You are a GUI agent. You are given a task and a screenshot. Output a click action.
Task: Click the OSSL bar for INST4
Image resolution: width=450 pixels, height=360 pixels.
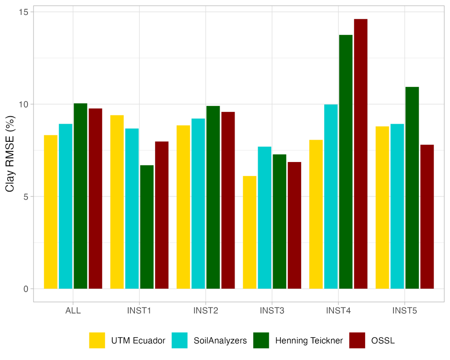coord(361,154)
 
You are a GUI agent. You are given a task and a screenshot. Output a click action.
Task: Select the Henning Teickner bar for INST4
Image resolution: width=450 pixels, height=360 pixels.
coord(346,162)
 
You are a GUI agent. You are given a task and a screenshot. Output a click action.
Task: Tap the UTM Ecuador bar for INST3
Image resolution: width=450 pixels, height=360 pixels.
coord(250,232)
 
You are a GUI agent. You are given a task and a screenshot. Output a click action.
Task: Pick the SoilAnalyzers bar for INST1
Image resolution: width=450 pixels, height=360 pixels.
coord(132,209)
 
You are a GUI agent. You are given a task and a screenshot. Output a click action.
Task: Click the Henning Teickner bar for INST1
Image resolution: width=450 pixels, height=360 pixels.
coord(147,227)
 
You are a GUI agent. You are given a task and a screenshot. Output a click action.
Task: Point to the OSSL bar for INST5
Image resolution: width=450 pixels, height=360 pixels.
coord(427,217)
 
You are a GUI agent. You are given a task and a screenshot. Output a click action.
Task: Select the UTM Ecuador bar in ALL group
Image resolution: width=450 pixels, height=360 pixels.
coord(51,212)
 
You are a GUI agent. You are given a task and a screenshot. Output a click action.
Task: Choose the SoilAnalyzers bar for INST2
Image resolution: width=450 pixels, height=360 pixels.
coord(198,204)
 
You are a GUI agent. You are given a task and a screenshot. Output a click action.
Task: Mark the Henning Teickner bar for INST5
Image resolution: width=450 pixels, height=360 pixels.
coord(412,188)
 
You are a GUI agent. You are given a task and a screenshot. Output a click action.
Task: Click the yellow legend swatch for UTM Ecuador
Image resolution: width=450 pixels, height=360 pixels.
coord(97,340)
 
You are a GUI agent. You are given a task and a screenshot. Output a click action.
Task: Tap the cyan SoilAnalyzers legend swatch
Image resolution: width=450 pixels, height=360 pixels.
coord(179,340)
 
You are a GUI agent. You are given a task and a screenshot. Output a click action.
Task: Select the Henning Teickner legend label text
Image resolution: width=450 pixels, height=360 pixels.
coord(309,341)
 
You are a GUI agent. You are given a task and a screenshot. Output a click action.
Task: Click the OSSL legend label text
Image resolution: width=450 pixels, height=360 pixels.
coord(383,341)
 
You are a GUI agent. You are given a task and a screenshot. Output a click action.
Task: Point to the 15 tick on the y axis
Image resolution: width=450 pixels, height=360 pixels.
coord(23,12)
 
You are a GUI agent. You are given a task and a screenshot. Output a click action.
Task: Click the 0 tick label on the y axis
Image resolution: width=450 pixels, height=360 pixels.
coord(26,289)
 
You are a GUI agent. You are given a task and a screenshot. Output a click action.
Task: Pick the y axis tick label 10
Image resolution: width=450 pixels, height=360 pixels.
coord(23,104)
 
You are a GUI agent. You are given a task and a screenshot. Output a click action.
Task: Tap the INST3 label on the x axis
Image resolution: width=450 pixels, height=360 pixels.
coord(272,310)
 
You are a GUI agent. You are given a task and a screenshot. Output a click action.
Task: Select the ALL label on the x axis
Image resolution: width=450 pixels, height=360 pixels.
coord(73,310)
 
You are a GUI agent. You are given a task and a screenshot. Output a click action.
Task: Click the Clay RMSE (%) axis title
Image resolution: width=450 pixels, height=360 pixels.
coord(10,154)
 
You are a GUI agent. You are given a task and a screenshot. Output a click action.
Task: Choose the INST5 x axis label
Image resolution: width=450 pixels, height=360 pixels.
coord(404,310)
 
